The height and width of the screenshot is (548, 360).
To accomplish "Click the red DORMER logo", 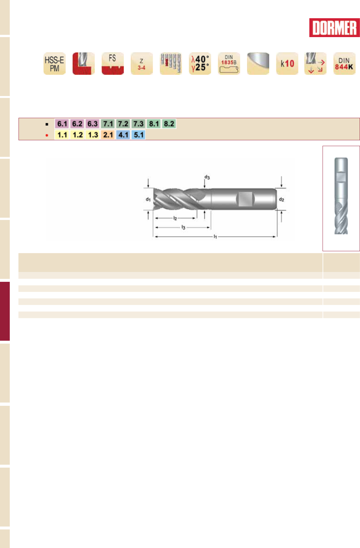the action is pos(334,28).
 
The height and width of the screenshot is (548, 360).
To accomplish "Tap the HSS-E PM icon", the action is pos(55,63).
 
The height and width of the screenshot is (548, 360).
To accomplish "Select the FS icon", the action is pos(113,63).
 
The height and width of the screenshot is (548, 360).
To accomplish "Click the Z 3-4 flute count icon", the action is pos(142,63).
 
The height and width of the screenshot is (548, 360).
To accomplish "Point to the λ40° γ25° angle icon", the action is pos(200,63).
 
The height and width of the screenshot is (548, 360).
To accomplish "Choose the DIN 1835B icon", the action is pos(229,63).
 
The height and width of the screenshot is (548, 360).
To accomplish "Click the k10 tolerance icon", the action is pos(287,63).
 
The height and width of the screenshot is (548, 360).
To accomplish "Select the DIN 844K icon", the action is pos(344,63).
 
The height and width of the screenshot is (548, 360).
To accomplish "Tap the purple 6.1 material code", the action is pos(62,124).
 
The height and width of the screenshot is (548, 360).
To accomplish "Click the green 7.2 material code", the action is pos(123,124).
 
